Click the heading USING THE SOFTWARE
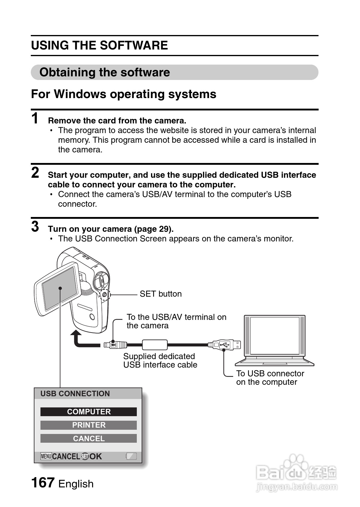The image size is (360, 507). tap(99, 45)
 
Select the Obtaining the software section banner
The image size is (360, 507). tap(174, 72)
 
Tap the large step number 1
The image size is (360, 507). tap(35, 118)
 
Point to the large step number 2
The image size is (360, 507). tap(35, 173)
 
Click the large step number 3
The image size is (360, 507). tap(35, 227)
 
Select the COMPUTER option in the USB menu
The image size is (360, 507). tap(88, 412)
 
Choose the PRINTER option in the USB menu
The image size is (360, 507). tap(88, 425)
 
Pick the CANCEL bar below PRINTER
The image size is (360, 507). tap(88, 438)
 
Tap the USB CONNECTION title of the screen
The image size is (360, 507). tap(75, 394)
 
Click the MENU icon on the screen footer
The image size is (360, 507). tap(46, 456)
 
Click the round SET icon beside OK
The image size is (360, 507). tap(85, 457)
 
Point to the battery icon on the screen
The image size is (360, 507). tap(131, 456)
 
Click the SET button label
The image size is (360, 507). tap(161, 294)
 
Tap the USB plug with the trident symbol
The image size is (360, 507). tap(224, 344)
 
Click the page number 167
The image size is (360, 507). tap(43, 483)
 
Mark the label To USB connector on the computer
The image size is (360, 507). tap(270, 378)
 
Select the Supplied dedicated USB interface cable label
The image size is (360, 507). tap(160, 360)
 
